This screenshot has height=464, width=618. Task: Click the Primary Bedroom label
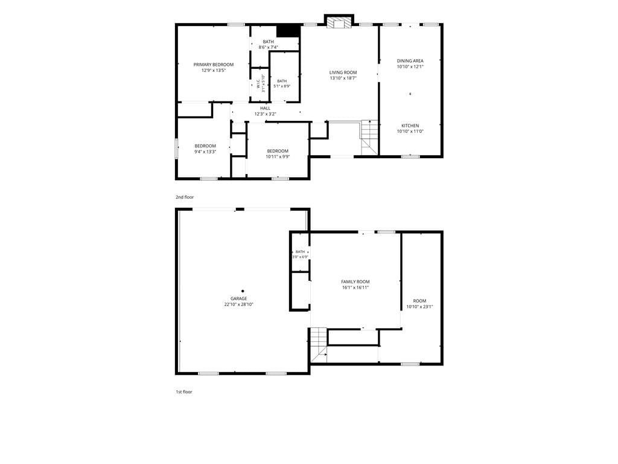coord(213,65)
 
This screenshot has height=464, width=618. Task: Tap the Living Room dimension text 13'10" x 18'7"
coord(343,78)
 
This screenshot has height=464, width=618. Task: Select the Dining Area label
coord(410,61)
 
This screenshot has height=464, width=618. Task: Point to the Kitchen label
coord(410,126)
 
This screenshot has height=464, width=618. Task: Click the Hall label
coord(266,108)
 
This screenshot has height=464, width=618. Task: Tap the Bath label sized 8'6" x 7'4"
coord(269,42)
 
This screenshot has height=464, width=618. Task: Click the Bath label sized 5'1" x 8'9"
coord(282,81)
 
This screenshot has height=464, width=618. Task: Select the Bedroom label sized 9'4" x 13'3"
coord(205,146)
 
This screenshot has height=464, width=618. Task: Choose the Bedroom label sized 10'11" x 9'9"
coord(278,151)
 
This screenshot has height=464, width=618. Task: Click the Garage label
coord(239,298)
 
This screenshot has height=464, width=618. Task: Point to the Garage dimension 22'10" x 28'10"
coord(239,304)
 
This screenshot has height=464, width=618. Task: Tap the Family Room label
coord(355,282)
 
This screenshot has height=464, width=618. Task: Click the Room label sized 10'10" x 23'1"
coord(419,301)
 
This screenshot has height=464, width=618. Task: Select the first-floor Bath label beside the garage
coord(300,252)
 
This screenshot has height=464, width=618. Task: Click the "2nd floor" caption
coord(185,197)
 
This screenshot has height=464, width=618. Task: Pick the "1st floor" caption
coord(184,391)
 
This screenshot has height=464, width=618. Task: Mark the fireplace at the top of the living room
coord(339,22)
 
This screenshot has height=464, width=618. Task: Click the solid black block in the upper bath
coord(288,31)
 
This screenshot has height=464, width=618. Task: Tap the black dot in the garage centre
coord(243,291)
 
